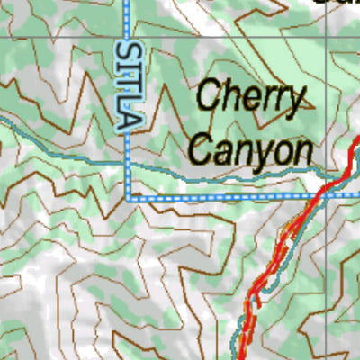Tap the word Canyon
[x=253, y=149]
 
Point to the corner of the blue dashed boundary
[x=130, y=196]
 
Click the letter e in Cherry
[x=250, y=99]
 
